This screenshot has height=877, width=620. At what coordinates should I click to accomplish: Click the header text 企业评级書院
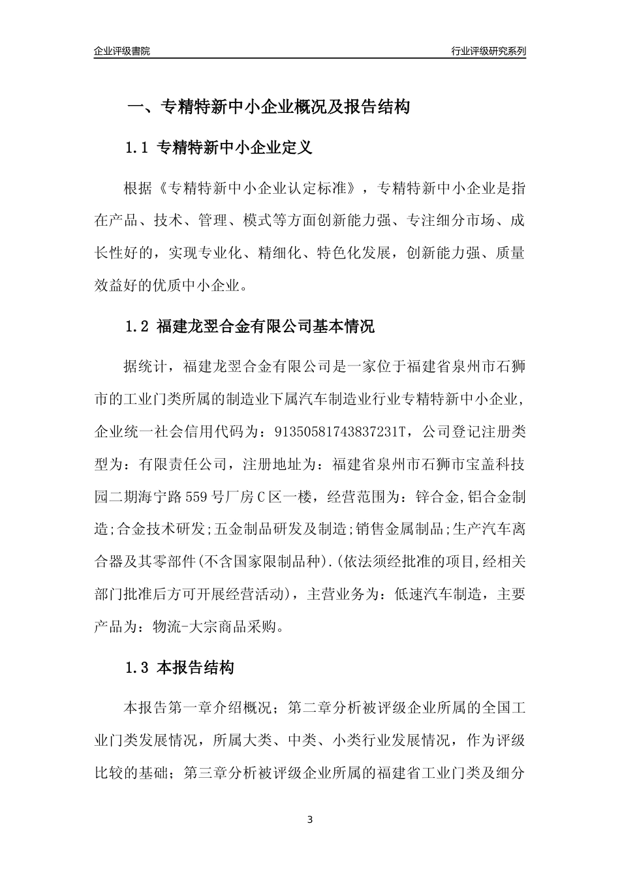pos(121,51)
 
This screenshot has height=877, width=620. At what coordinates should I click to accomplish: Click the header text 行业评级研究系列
pos(488,51)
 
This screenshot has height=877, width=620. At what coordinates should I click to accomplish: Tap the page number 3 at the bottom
pos(310,820)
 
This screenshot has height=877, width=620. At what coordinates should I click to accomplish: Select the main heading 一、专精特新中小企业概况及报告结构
pos(268,106)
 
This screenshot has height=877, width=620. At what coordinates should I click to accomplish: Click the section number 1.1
pos(138,147)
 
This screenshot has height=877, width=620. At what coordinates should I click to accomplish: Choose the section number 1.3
pos(138,668)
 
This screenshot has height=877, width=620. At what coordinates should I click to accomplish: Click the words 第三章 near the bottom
pos(208,774)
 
